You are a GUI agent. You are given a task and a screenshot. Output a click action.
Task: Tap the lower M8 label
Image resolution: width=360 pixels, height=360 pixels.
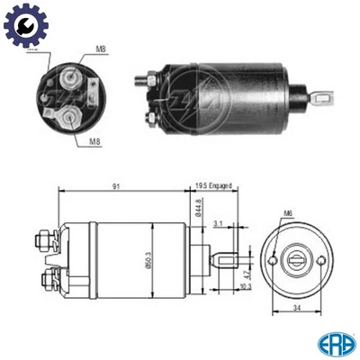click(x=94, y=139)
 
